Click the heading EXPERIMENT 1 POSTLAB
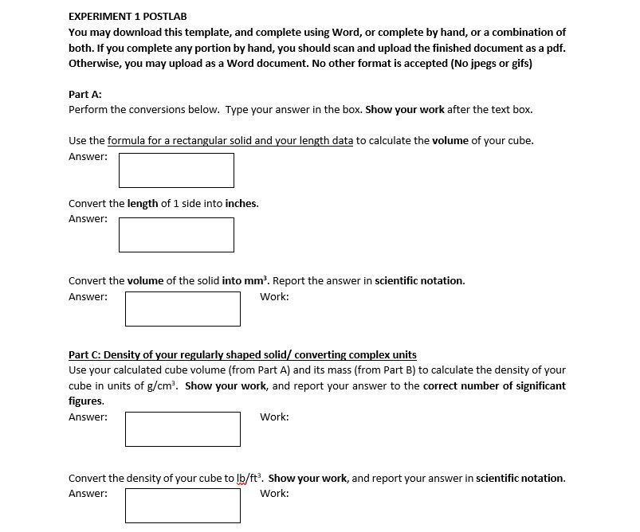pos(128,16)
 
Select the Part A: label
pos(85,94)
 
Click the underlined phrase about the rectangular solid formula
pos(230,141)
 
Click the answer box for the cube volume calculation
pos(176,170)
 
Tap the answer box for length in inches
pos(176,235)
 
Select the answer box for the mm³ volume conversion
pos(183,309)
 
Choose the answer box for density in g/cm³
pos(183,429)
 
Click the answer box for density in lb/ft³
pos(183,506)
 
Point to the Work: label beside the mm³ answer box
pos(274,297)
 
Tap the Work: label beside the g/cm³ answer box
pos(274,417)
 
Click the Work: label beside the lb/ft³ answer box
pos(274,494)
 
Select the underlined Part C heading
pos(242,354)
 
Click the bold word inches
pos(241,203)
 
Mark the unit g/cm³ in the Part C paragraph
pos(163,385)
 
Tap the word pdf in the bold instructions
pos(556,48)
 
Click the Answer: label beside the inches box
pos(88,219)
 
